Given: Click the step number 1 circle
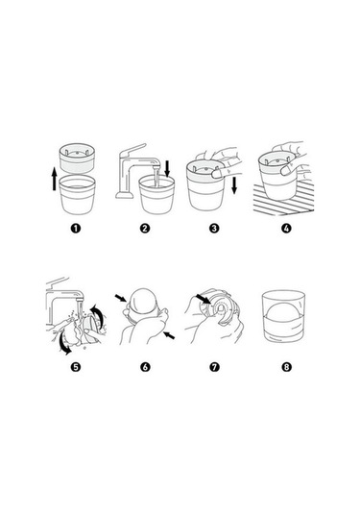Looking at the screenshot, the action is (76, 228).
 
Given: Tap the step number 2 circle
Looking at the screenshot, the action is (145, 228).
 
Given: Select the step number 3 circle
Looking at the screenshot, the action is (214, 228).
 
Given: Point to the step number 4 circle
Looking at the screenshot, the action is (286, 228).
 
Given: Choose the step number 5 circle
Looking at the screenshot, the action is (76, 366).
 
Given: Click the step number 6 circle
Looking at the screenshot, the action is (145, 366).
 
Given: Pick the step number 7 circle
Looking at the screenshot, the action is (214, 366).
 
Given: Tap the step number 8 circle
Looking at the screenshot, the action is (286, 366).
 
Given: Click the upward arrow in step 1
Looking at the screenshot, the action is (55, 179).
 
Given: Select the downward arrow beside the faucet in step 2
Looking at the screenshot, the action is (167, 169).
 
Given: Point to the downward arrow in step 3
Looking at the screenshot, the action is (234, 185).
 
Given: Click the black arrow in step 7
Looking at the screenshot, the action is (204, 299).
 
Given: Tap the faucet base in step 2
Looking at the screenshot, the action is (125, 195).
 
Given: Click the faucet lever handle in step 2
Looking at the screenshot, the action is (133, 150).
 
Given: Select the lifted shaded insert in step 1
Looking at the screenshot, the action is (78, 159).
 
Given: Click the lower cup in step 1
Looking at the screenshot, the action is (78, 195).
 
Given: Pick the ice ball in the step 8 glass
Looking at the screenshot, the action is (283, 316).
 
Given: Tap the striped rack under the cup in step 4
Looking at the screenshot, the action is (283, 201).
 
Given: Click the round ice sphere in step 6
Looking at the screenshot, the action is (143, 302).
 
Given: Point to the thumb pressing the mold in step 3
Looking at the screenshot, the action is (216, 173).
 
